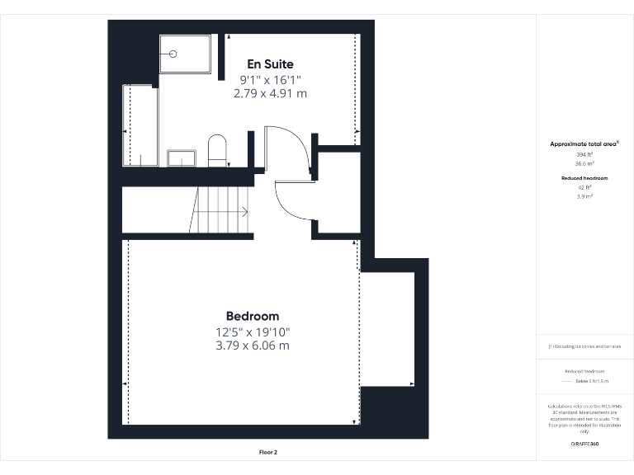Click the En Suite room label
click(x=270, y=63)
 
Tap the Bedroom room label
click(x=253, y=316)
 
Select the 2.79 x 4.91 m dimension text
click(x=270, y=93)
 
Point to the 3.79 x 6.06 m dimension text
click(x=253, y=346)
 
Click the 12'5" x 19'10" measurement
click(x=253, y=332)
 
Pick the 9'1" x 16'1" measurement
click(x=270, y=79)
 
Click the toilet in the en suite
click(x=217, y=149)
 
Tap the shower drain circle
click(x=173, y=54)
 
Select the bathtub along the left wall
click(x=140, y=126)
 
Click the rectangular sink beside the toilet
click(x=182, y=158)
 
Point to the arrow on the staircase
click(x=244, y=211)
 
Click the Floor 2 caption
click(x=267, y=452)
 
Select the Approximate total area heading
click(x=584, y=144)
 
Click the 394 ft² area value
click(x=584, y=154)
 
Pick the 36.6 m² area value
click(x=584, y=163)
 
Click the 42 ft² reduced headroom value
click(x=584, y=187)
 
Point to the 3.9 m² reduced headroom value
click(x=584, y=196)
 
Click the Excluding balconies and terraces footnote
click(x=584, y=346)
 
